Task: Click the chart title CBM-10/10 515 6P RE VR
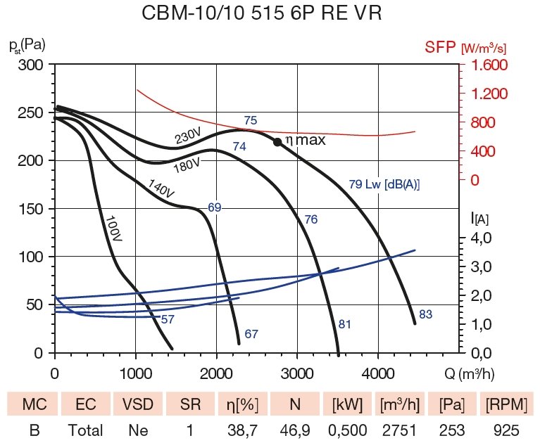pos(262,14)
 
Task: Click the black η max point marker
pos(277,142)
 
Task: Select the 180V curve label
pos(187,165)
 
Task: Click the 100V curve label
pos(113,229)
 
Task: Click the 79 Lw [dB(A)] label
pos(384,185)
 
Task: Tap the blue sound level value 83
pos(425,315)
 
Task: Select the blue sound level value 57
pos(168,320)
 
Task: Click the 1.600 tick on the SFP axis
pos(486,65)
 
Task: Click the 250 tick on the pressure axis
pos(31,113)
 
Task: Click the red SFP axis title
pos(465,47)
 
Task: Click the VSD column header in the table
pos(137,405)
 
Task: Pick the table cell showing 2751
pos(399,430)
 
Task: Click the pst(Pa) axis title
pos(27,46)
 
